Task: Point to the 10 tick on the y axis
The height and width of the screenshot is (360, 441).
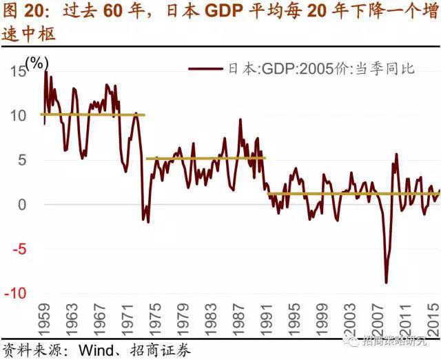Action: tap(17, 114)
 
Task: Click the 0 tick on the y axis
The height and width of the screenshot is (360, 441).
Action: tap(22, 204)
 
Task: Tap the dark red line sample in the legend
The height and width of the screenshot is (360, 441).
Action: tap(206, 69)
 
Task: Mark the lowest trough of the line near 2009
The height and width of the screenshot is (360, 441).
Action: tap(386, 282)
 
